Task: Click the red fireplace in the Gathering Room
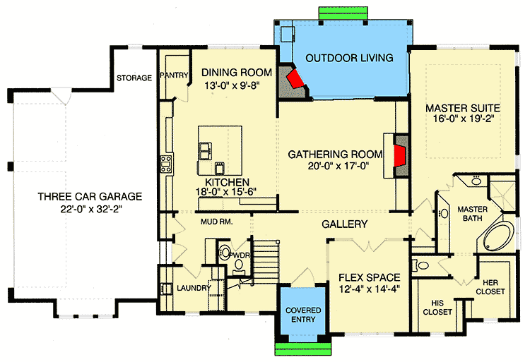point(399,156)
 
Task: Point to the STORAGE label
point(134,78)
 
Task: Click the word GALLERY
point(345,224)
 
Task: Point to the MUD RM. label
point(217,222)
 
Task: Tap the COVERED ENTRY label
point(303,315)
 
